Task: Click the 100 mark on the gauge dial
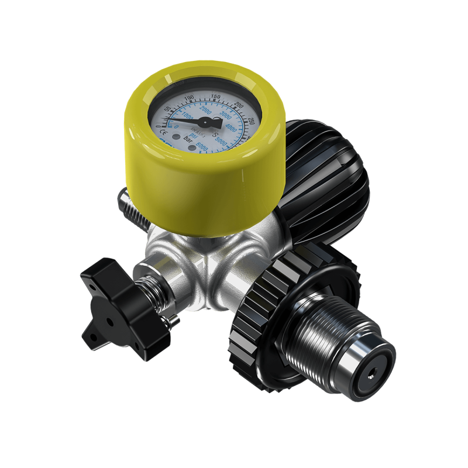(189, 98)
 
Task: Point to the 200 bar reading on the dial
(238, 105)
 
